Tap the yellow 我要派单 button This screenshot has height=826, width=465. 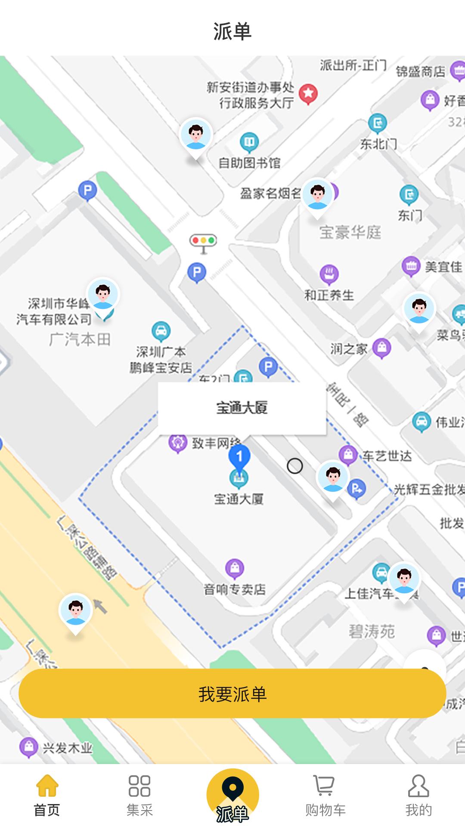pyautogui.click(x=232, y=693)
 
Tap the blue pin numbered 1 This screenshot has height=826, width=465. pyautogui.click(x=239, y=457)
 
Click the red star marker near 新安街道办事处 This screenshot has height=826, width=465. pyautogui.click(x=308, y=93)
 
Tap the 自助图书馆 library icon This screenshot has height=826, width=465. pyautogui.click(x=249, y=142)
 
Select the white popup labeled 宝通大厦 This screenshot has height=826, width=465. pyautogui.click(x=242, y=408)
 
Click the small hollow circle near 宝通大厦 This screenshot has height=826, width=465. pyautogui.click(x=295, y=466)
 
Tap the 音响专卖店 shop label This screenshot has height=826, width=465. pyautogui.click(x=235, y=589)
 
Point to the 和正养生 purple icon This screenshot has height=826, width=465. pyautogui.click(x=329, y=274)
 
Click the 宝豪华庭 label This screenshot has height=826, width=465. pyautogui.click(x=350, y=232)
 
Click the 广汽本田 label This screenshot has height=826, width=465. pyautogui.click(x=80, y=340)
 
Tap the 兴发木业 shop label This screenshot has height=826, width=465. pyautogui.click(x=68, y=748)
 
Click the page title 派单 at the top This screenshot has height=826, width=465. pyautogui.click(x=232, y=31)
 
